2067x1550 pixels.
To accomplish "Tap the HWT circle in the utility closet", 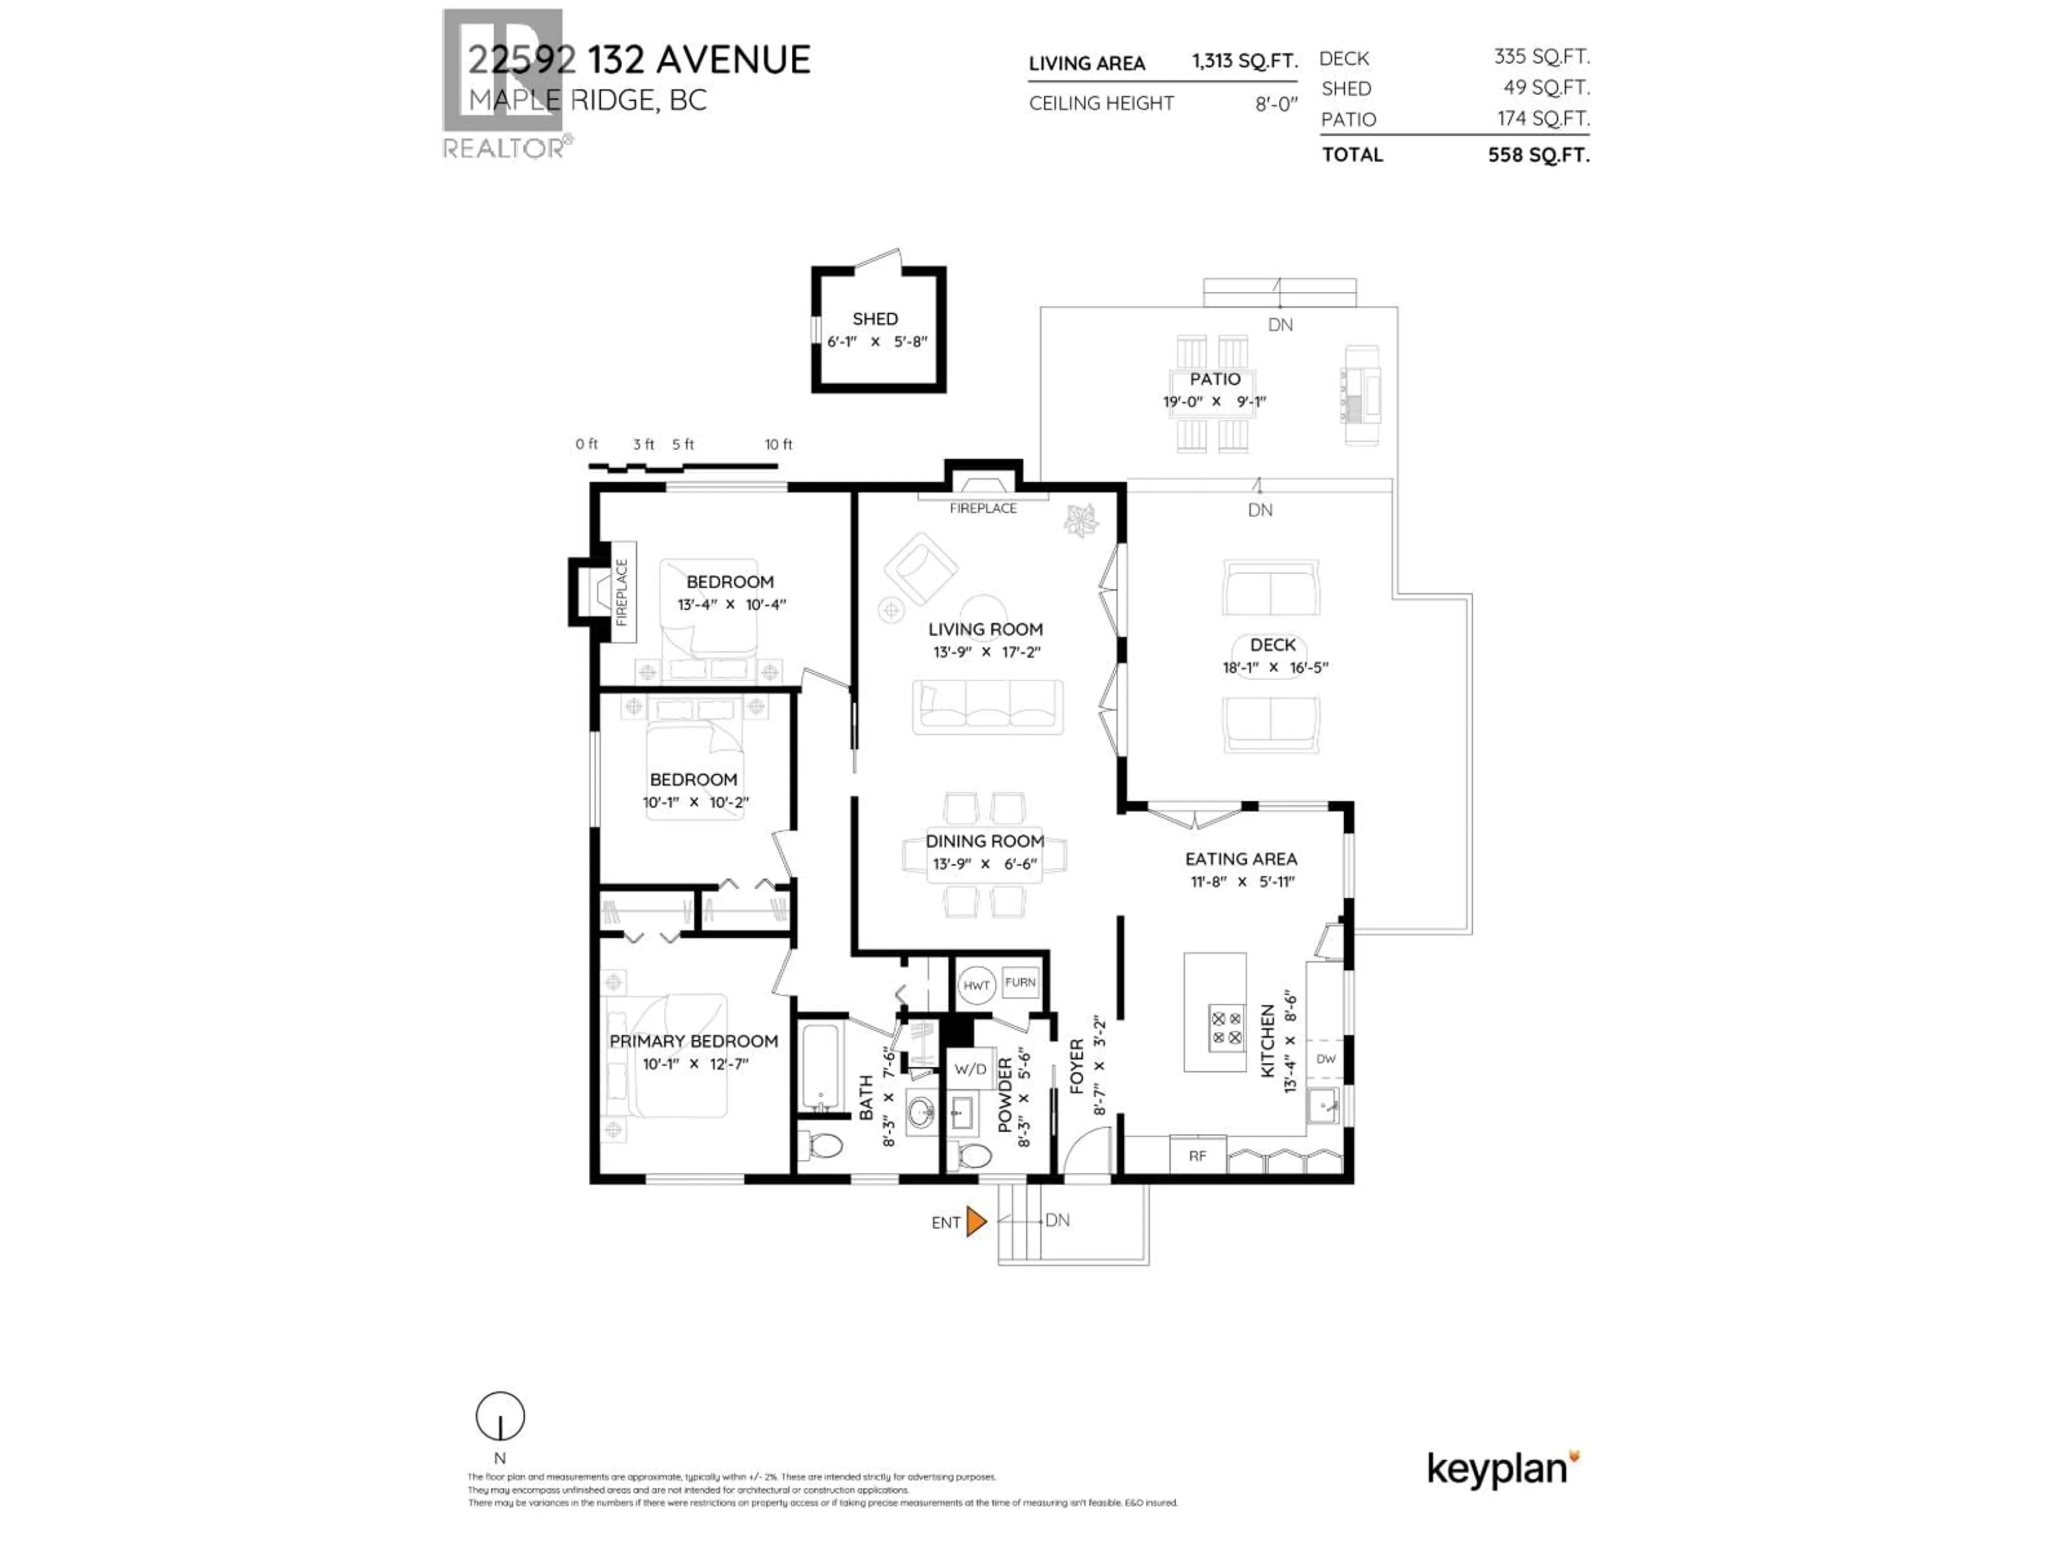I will pos(976,985).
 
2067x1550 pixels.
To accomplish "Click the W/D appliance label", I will pos(970,1069).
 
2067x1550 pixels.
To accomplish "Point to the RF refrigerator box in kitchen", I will pos(1197,1156).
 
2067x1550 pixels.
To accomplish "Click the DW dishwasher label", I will pos(1325,1059).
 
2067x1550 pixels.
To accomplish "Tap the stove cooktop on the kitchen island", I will pos(1226,1028).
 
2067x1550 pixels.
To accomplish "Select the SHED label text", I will pos(875,319).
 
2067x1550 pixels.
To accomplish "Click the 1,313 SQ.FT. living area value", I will pos(1244,62).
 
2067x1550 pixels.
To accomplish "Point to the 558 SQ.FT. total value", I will pos(1538,155).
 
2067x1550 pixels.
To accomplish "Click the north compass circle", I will pos(500,1417).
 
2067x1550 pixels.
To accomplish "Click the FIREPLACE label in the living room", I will pos(982,508).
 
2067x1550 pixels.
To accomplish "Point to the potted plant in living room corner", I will pos(1082,520).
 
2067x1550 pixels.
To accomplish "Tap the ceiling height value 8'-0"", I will pos(1276,104).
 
